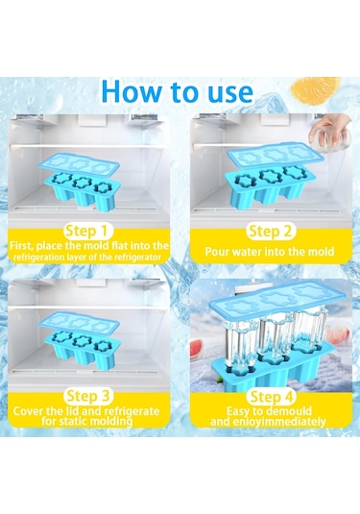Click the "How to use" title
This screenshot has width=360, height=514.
pyautogui.click(x=178, y=91)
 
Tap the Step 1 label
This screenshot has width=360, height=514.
pyautogui.click(x=86, y=232)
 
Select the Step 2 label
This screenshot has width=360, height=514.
pyautogui.click(x=271, y=232)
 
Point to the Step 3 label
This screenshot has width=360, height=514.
pyautogui.click(x=87, y=397)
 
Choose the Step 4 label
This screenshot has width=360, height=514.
pyautogui.click(x=271, y=397)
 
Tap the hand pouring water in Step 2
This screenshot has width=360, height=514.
pyautogui.click(x=329, y=134)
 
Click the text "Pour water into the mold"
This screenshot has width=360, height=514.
pyautogui.click(x=269, y=252)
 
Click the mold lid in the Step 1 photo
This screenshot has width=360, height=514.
pyautogui.click(x=79, y=165)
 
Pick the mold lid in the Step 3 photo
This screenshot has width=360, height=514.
pyautogui.click(x=79, y=325)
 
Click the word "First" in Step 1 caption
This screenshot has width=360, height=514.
pyautogui.click(x=21, y=246)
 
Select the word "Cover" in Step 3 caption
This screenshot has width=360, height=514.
pyautogui.click(x=28, y=411)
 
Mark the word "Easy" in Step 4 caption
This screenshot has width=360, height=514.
pyautogui.click(x=238, y=411)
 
